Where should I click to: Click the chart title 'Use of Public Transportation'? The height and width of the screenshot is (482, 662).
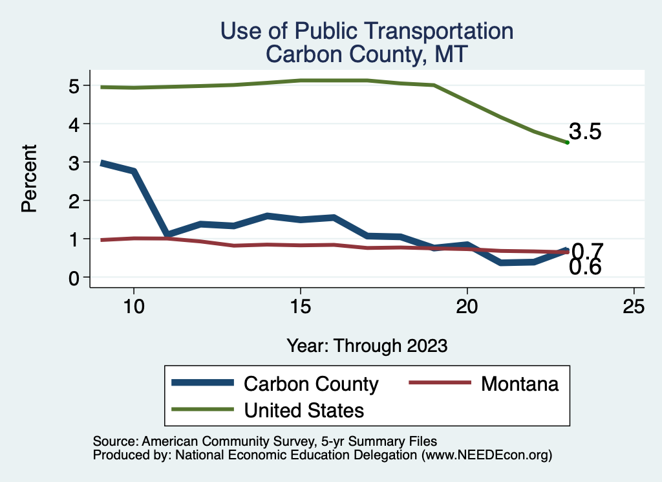367,31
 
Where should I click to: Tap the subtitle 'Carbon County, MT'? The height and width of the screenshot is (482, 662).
367,54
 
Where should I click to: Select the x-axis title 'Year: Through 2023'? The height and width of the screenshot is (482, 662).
367,345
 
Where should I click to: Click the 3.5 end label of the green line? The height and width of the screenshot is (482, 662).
585,132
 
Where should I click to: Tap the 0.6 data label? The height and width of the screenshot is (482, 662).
585,267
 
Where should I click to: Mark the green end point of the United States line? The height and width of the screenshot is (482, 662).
567,142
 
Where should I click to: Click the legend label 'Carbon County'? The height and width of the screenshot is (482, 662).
310,384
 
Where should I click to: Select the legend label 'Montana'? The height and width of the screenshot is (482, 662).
519,384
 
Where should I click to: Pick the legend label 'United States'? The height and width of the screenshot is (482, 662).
304,410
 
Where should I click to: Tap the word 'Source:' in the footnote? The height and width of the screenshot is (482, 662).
113,442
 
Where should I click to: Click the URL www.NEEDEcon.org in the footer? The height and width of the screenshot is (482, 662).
487,455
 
